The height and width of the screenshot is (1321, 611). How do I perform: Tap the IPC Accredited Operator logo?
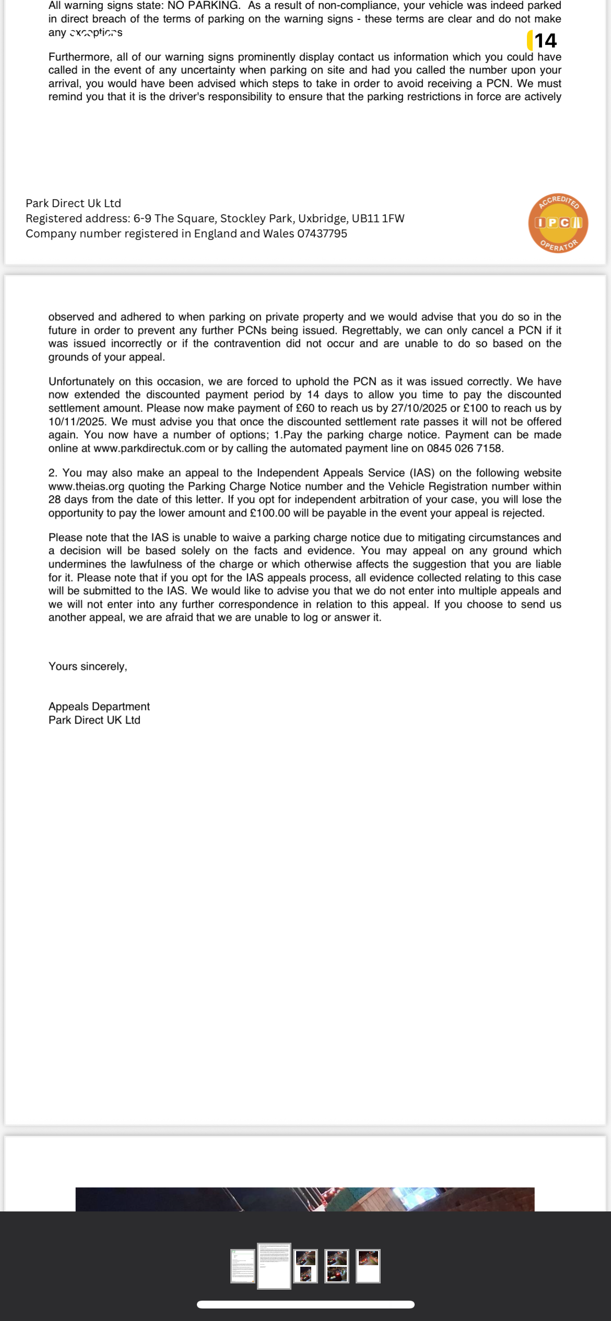[558, 223]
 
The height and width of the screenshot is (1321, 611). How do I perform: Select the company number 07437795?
[322, 234]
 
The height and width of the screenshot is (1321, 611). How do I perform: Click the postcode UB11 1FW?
[379, 219]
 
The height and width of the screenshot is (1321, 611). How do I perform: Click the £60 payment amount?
[305, 408]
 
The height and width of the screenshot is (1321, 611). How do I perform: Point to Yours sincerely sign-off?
[88, 666]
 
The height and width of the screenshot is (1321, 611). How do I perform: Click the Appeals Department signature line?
[99, 706]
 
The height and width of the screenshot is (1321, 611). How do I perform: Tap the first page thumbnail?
[243, 1266]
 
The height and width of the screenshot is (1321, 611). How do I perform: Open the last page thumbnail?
[368, 1266]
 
